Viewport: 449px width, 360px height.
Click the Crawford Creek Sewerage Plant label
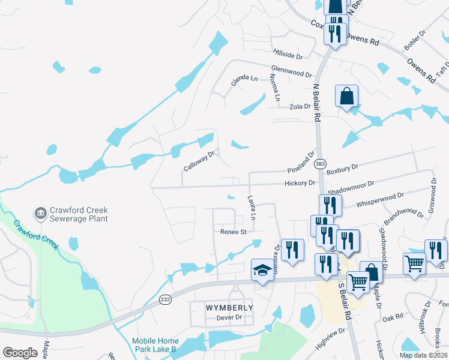[79, 214]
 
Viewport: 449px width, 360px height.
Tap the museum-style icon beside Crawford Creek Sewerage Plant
[41, 212]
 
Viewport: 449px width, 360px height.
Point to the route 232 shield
[165, 298]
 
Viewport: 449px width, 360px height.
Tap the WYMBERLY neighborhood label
[221, 307]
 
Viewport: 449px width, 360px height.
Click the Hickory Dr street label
[300, 183]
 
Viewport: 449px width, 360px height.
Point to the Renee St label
[234, 232]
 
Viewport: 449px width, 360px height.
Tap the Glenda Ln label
[245, 79]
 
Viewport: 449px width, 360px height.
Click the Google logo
[20, 353]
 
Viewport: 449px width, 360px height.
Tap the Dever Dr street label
[229, 317]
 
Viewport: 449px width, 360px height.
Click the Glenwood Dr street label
[291, 71]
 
